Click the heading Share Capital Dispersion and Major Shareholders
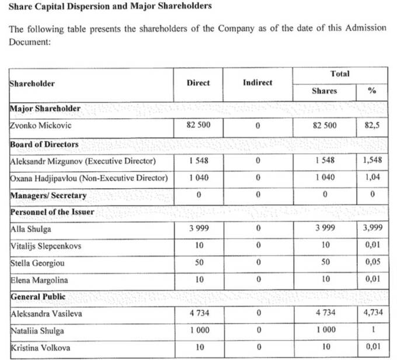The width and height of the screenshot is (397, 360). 110,7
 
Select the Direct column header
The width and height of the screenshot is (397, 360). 198,83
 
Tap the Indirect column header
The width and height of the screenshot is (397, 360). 257,83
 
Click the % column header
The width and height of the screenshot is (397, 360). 372,91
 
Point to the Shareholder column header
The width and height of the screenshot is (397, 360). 32,84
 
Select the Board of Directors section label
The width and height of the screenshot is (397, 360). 44,144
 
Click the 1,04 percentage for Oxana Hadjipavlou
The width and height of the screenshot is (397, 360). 372,178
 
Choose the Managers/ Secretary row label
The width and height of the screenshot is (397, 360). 48,195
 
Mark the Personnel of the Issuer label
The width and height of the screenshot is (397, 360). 52,212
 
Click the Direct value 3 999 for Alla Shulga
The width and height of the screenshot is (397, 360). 198,229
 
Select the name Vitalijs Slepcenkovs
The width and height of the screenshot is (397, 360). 46,246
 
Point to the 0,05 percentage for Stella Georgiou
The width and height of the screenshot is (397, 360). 372,263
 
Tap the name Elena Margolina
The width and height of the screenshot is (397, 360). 40,280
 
